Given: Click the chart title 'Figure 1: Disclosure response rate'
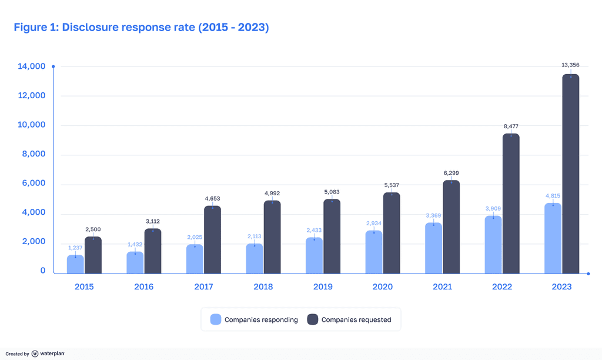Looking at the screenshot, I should tap(141, 28).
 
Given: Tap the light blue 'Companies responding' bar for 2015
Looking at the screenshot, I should tap(75, 264).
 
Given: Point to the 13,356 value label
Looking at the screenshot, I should tap(570, 65).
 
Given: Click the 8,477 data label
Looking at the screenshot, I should tap(511, 126).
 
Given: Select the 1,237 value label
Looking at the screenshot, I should tap(75, 248).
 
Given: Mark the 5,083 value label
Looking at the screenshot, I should tap(332, 192).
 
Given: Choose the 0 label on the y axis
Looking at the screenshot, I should tap(43, 271).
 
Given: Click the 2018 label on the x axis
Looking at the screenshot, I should tap(263, 287).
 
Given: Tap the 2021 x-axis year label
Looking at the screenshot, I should tap(442, 287).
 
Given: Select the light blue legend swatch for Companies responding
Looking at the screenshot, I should tap(216, 319).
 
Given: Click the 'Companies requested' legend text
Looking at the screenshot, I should tap(356, 320).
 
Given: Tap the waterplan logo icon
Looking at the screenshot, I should tap(35, 354).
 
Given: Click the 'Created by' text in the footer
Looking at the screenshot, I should tap(18, 354).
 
